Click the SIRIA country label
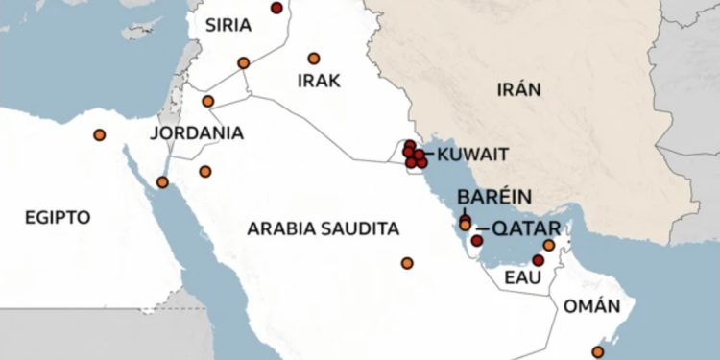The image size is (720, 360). [x=229, y=24]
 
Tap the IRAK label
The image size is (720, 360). [x=319, y=81]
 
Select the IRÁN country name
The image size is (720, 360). [x=519, y=90]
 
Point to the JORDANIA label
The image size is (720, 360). [x=197, y=132]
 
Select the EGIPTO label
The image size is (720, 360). [x=59, y=217]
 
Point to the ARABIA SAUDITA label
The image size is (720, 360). [x=323, y=228]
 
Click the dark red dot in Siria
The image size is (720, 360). [x=276, y=9]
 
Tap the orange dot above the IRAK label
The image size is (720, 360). [x=313, y=58]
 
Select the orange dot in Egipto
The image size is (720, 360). [x=99, y=134]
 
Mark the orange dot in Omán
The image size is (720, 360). [x=598, y=352]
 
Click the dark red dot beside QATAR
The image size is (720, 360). [x=477, y=241]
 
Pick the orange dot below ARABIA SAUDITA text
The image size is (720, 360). [x=407, y=263]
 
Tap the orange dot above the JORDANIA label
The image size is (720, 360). [x=207, y=101]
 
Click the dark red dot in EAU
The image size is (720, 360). [x=538, y=260]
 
